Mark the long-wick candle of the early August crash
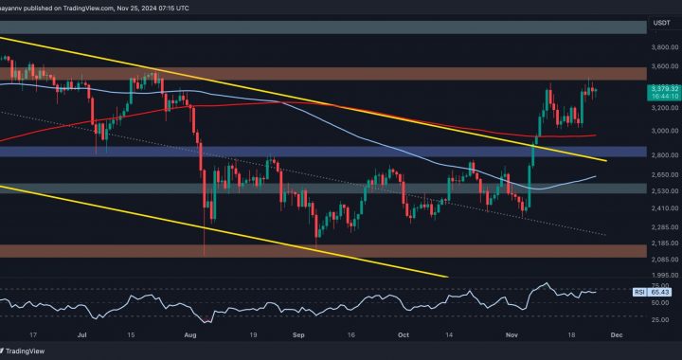pos(205,227)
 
